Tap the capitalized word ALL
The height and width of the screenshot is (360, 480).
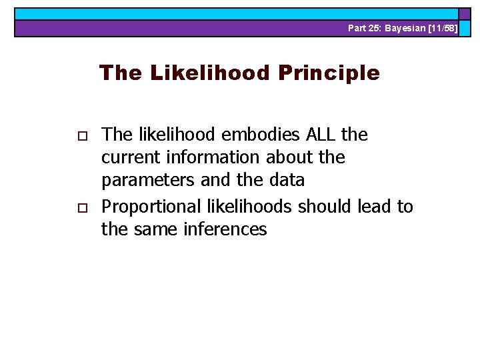[x=321, y=135]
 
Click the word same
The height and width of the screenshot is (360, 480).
[x=151, y=230]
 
